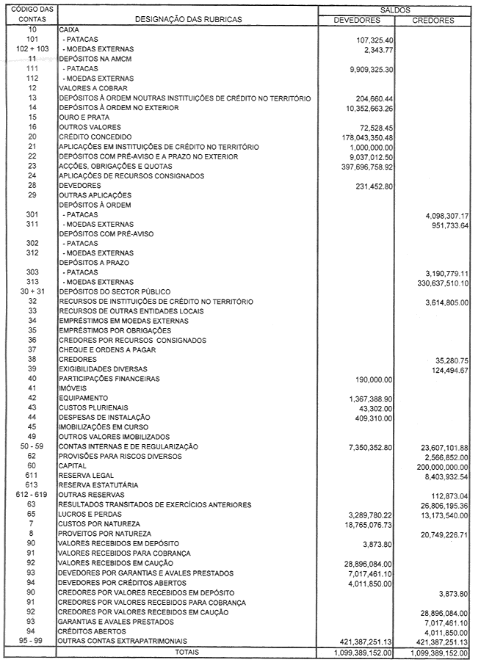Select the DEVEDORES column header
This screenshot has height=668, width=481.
point(357,20)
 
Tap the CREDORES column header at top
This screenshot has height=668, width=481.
point(435,20)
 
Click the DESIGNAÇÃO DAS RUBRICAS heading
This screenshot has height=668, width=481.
point(188,20)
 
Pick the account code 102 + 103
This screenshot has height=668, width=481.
point(32,48)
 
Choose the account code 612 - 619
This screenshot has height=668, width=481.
point(32,494)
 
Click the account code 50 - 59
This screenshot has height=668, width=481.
point(32,446)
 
